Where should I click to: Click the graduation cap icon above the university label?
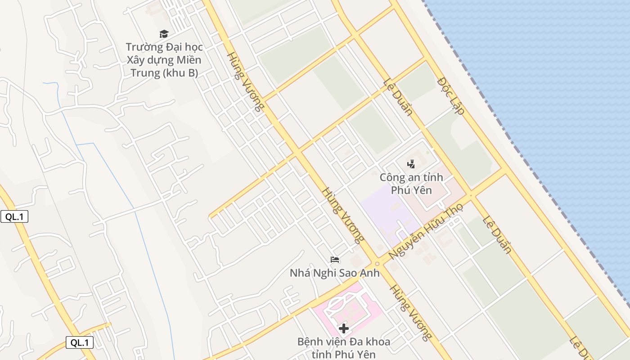point(164,34)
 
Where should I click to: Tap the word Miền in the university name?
point(189,60)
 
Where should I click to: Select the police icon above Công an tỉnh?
point(411,164)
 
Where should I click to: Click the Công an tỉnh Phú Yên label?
point(411,184)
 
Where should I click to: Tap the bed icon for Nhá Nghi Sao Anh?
point(335,260)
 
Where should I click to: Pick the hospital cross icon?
point(344,328)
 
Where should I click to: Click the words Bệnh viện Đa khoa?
point(344,342)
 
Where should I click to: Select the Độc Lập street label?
point(450,96)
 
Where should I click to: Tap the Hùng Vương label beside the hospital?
point(410,312)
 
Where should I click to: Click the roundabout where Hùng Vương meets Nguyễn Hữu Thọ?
point(377,264)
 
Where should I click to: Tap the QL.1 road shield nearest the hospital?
point(80,342)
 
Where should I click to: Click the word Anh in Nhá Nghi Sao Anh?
point(369,273)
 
